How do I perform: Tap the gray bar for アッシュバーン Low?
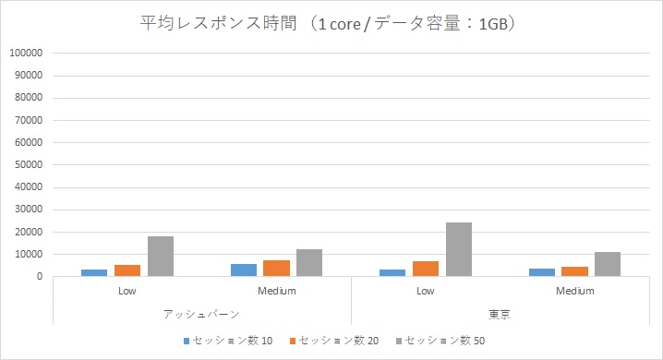coord(161,257)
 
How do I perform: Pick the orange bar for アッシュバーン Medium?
coord(277,268)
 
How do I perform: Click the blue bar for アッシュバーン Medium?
coord(244,270)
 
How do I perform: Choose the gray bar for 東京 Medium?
coord(608,264)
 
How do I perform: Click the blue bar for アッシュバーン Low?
coord(94,272)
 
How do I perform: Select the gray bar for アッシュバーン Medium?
coord(309,262)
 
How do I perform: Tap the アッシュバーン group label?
coord(201,314)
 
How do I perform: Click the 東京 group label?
coord(500,314)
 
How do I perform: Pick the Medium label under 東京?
coord(575,292)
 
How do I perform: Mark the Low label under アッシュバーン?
coord(127,292)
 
